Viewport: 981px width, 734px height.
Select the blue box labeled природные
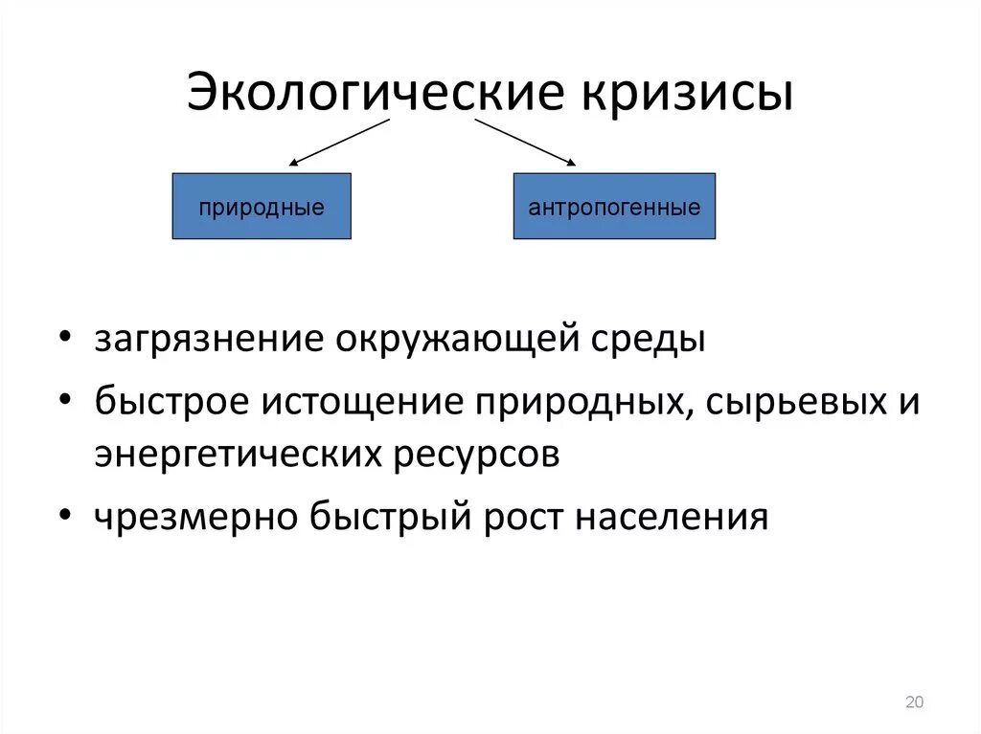262,206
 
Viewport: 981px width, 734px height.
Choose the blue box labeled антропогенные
614,206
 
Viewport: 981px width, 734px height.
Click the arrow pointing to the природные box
339,142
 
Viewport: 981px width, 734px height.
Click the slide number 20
913,703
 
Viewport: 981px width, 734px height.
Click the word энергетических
239,455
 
